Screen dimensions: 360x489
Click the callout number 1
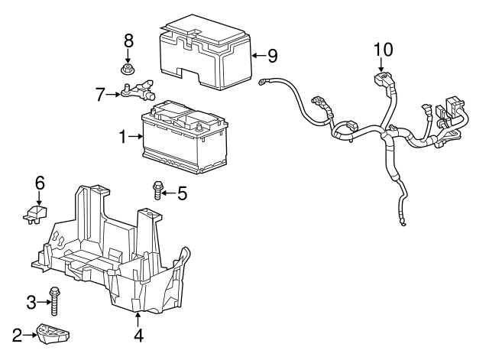point(122,138)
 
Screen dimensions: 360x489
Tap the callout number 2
point(17,333)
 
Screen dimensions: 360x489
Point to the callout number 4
point(138,334)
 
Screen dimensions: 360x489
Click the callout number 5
point(182,193)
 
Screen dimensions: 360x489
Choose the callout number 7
point(99,95)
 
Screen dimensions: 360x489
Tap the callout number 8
point(128,40)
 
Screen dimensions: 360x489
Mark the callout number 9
point(272,55)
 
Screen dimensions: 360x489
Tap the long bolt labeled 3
point(55,301)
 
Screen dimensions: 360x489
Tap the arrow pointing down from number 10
point(382,67)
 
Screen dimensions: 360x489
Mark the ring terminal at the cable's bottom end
point(399,223)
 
